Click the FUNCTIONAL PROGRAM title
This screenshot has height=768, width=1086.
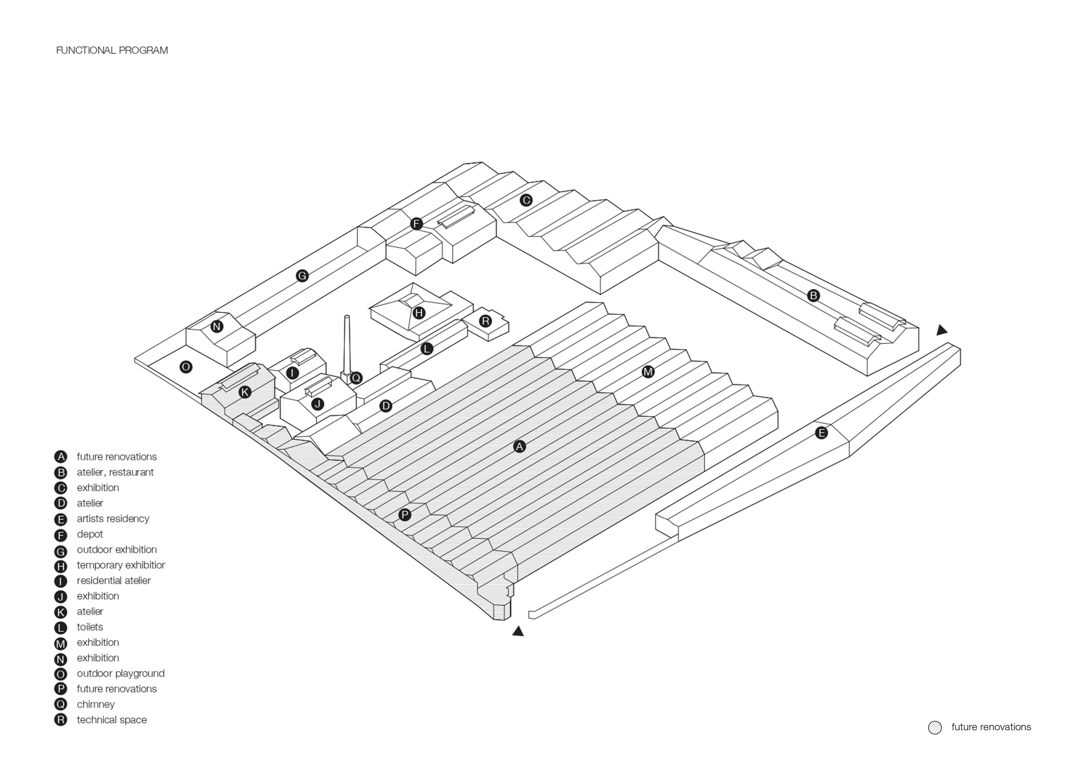112,50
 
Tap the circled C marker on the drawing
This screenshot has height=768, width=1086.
526,200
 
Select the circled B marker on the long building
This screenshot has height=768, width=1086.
813,296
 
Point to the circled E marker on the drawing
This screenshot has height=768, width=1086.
821,433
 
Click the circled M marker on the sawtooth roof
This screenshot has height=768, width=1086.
648,372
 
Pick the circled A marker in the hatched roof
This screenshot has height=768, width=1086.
519,446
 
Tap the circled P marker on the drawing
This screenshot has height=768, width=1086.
404,514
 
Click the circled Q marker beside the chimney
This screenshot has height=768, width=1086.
356,377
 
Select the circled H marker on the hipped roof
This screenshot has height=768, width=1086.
419,313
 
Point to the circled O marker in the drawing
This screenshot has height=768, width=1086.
186,367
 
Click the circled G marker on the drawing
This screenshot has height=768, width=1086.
302,275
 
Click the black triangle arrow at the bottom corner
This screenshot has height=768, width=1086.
518,631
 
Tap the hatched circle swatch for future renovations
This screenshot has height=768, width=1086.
935,727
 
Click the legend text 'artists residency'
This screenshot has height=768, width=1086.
113,519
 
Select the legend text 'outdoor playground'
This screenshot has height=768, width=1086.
121,673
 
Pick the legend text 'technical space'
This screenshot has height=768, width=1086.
112,720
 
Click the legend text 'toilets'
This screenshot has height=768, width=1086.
90,627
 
